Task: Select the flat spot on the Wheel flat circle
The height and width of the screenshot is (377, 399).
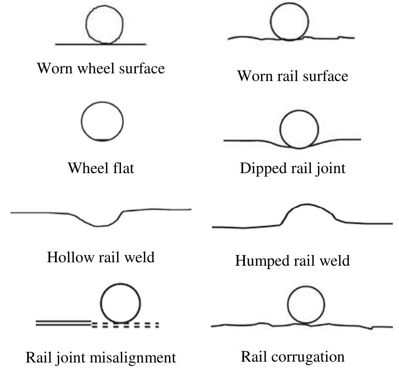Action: pyautogui.click(x=102, y=140)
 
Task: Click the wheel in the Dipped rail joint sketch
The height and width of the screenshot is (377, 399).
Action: pyautogui.click(x=299, y=129)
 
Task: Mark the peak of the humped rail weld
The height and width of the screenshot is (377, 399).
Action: pyautogui.click(x=308, y=205)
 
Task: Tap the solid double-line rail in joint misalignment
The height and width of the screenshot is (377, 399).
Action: pyautogui.click(x=64, y=324)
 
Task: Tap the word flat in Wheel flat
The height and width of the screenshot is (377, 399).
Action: pyautogui.click(x=125, y=168)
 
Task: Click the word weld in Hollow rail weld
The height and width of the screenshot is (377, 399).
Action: pyautogui.click(x=138, y=257)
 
